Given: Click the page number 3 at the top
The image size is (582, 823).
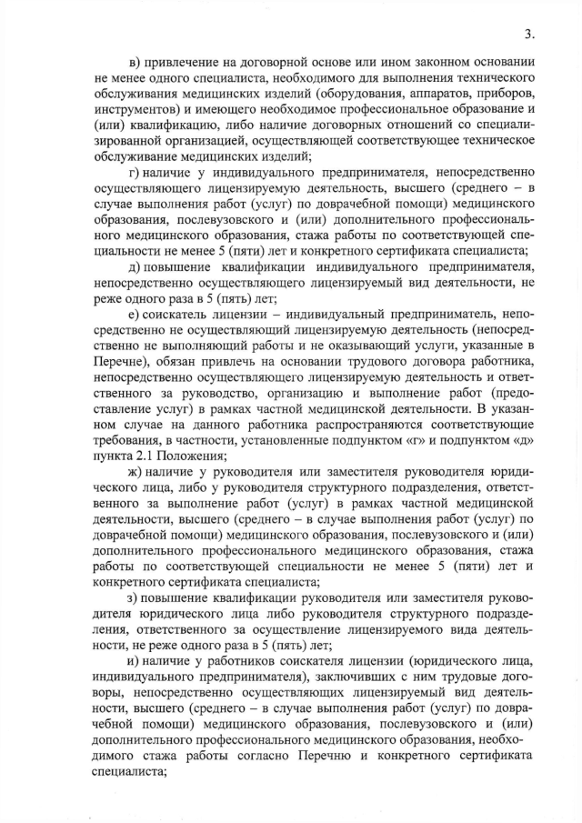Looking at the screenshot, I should click(x=528, y=35).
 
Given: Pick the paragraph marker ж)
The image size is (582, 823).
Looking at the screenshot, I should click(x=135, y=473).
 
